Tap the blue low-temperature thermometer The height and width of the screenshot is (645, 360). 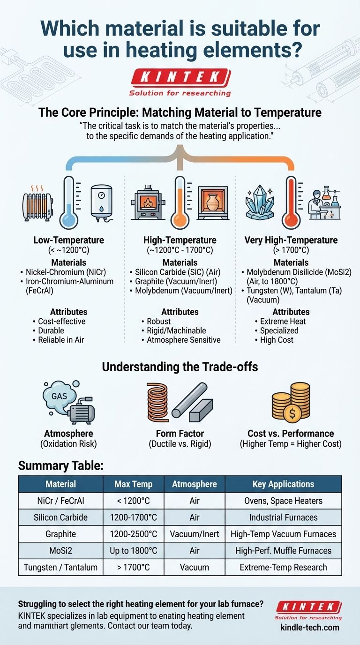[x=69, y=202]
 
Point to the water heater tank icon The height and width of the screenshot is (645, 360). [x=101, y=202]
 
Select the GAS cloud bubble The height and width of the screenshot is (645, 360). [x=59, y=395]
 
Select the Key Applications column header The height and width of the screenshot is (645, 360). [x=283, y=484]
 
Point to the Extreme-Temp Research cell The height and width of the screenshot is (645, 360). [x=283, y=567]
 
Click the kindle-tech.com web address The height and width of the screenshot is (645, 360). [x=309, y=628]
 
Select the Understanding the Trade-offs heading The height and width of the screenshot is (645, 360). [x=180, y=367]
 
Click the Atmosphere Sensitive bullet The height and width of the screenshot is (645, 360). [x=183, y=340]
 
